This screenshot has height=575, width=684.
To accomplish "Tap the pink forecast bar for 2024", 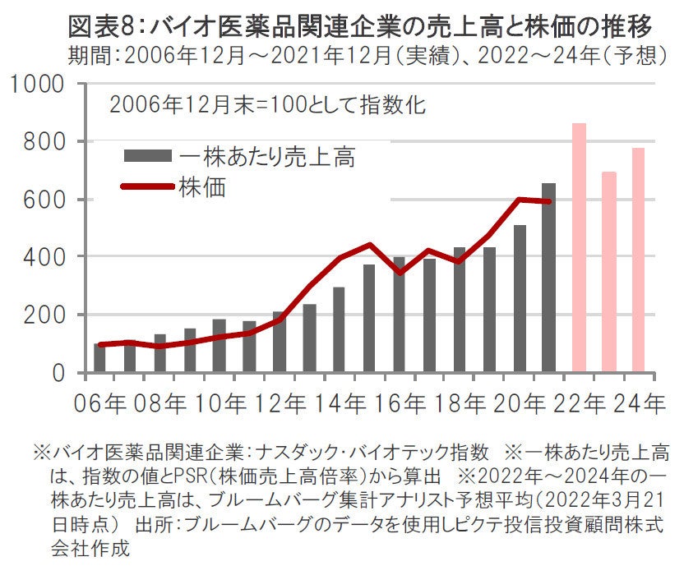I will click(638, 260).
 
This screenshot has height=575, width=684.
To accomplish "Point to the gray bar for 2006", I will click(99, 358).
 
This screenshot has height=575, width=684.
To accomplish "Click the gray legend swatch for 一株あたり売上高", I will click(148, 156).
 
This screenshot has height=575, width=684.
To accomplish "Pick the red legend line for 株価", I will click(148, 186).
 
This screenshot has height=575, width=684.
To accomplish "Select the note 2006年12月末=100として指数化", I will click(266, 105).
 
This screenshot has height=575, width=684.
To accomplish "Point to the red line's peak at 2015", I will click(369, 244).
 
